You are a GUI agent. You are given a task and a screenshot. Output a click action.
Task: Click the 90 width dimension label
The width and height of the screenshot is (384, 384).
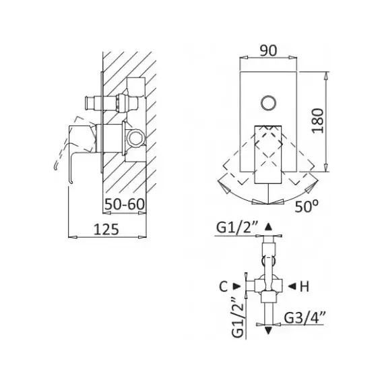[x=268, y=51]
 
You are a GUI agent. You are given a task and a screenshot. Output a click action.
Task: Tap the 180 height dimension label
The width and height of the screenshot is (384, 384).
[x=317, y=121]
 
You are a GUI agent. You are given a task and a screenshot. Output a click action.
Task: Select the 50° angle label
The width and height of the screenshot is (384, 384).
[x=307, y=206]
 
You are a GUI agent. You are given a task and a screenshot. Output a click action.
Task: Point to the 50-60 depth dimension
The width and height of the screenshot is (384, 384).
[x=125, y=204]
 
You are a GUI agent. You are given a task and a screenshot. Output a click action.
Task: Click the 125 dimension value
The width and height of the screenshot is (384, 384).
[x=106, y=230]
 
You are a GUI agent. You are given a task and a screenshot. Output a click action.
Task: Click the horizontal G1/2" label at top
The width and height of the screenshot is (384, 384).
[x=237, y=228]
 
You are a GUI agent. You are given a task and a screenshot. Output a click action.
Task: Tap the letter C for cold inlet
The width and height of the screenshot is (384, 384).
[x=224, y=286]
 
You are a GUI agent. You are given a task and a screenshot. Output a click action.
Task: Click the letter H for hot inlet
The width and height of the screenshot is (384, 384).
[x=304, y=286]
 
